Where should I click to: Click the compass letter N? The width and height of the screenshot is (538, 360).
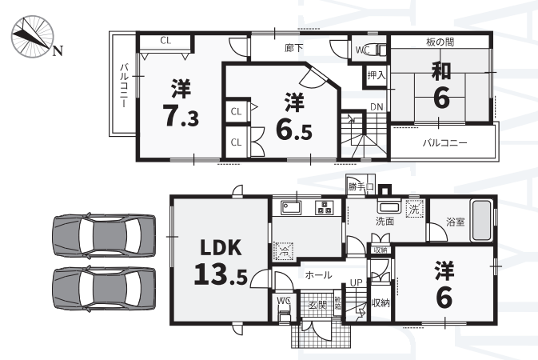[x=58, y=51]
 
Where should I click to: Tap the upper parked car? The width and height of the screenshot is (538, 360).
[x=104, y=235]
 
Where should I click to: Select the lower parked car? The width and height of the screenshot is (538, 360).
[x=104, y=289]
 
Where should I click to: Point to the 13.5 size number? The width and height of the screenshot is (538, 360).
[x=221, y=274]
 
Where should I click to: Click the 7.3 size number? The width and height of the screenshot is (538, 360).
[x=181, y=116]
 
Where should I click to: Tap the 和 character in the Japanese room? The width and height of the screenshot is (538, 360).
[x=441, y=71]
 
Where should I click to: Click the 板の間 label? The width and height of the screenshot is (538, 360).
[x=440, y=42]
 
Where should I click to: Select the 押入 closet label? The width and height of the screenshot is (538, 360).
[x=377, y=75]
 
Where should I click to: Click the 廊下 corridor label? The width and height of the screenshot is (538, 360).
[x=294, y=48]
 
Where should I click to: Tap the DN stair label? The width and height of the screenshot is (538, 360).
[x=377, y=107]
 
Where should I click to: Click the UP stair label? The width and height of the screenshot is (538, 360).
[x=357, y=282]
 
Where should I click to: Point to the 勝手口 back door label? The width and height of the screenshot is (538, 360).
[x=361, y=187]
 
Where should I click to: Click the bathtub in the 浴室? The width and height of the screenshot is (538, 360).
[x=481, y=220]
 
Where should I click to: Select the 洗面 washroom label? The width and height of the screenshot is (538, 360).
[x=385, y=222]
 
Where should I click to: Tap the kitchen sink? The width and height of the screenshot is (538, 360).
[x=291, y=207]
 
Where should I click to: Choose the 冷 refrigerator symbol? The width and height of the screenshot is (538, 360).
[x=284, y=250]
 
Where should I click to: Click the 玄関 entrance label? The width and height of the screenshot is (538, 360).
[x=317, y=305]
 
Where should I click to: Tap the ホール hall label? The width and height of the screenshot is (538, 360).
[x=318, y=275]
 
